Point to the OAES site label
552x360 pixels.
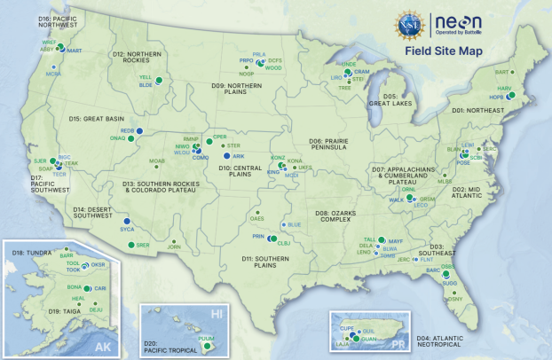pos(256,216)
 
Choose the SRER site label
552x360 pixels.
pos(142,244)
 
